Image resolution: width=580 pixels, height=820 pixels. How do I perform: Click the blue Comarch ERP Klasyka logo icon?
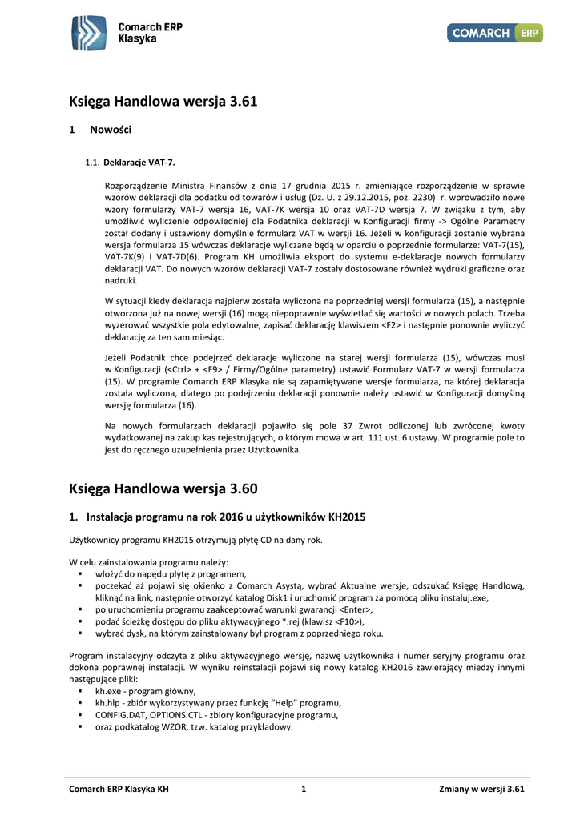[x=88, y=33]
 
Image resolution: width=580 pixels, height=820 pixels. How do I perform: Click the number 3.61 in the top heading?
[x=242, y=102]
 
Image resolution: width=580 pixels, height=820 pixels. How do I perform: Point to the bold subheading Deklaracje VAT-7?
[x=139, y=163]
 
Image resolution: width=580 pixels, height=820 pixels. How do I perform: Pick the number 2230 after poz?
[x=423, y=196]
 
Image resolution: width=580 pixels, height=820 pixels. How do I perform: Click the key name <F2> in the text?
[x=390, y=326]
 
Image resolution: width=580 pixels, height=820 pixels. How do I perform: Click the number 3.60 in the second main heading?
[x=242, y=488]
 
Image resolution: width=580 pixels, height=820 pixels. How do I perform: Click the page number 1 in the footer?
[x=304, y=790]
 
